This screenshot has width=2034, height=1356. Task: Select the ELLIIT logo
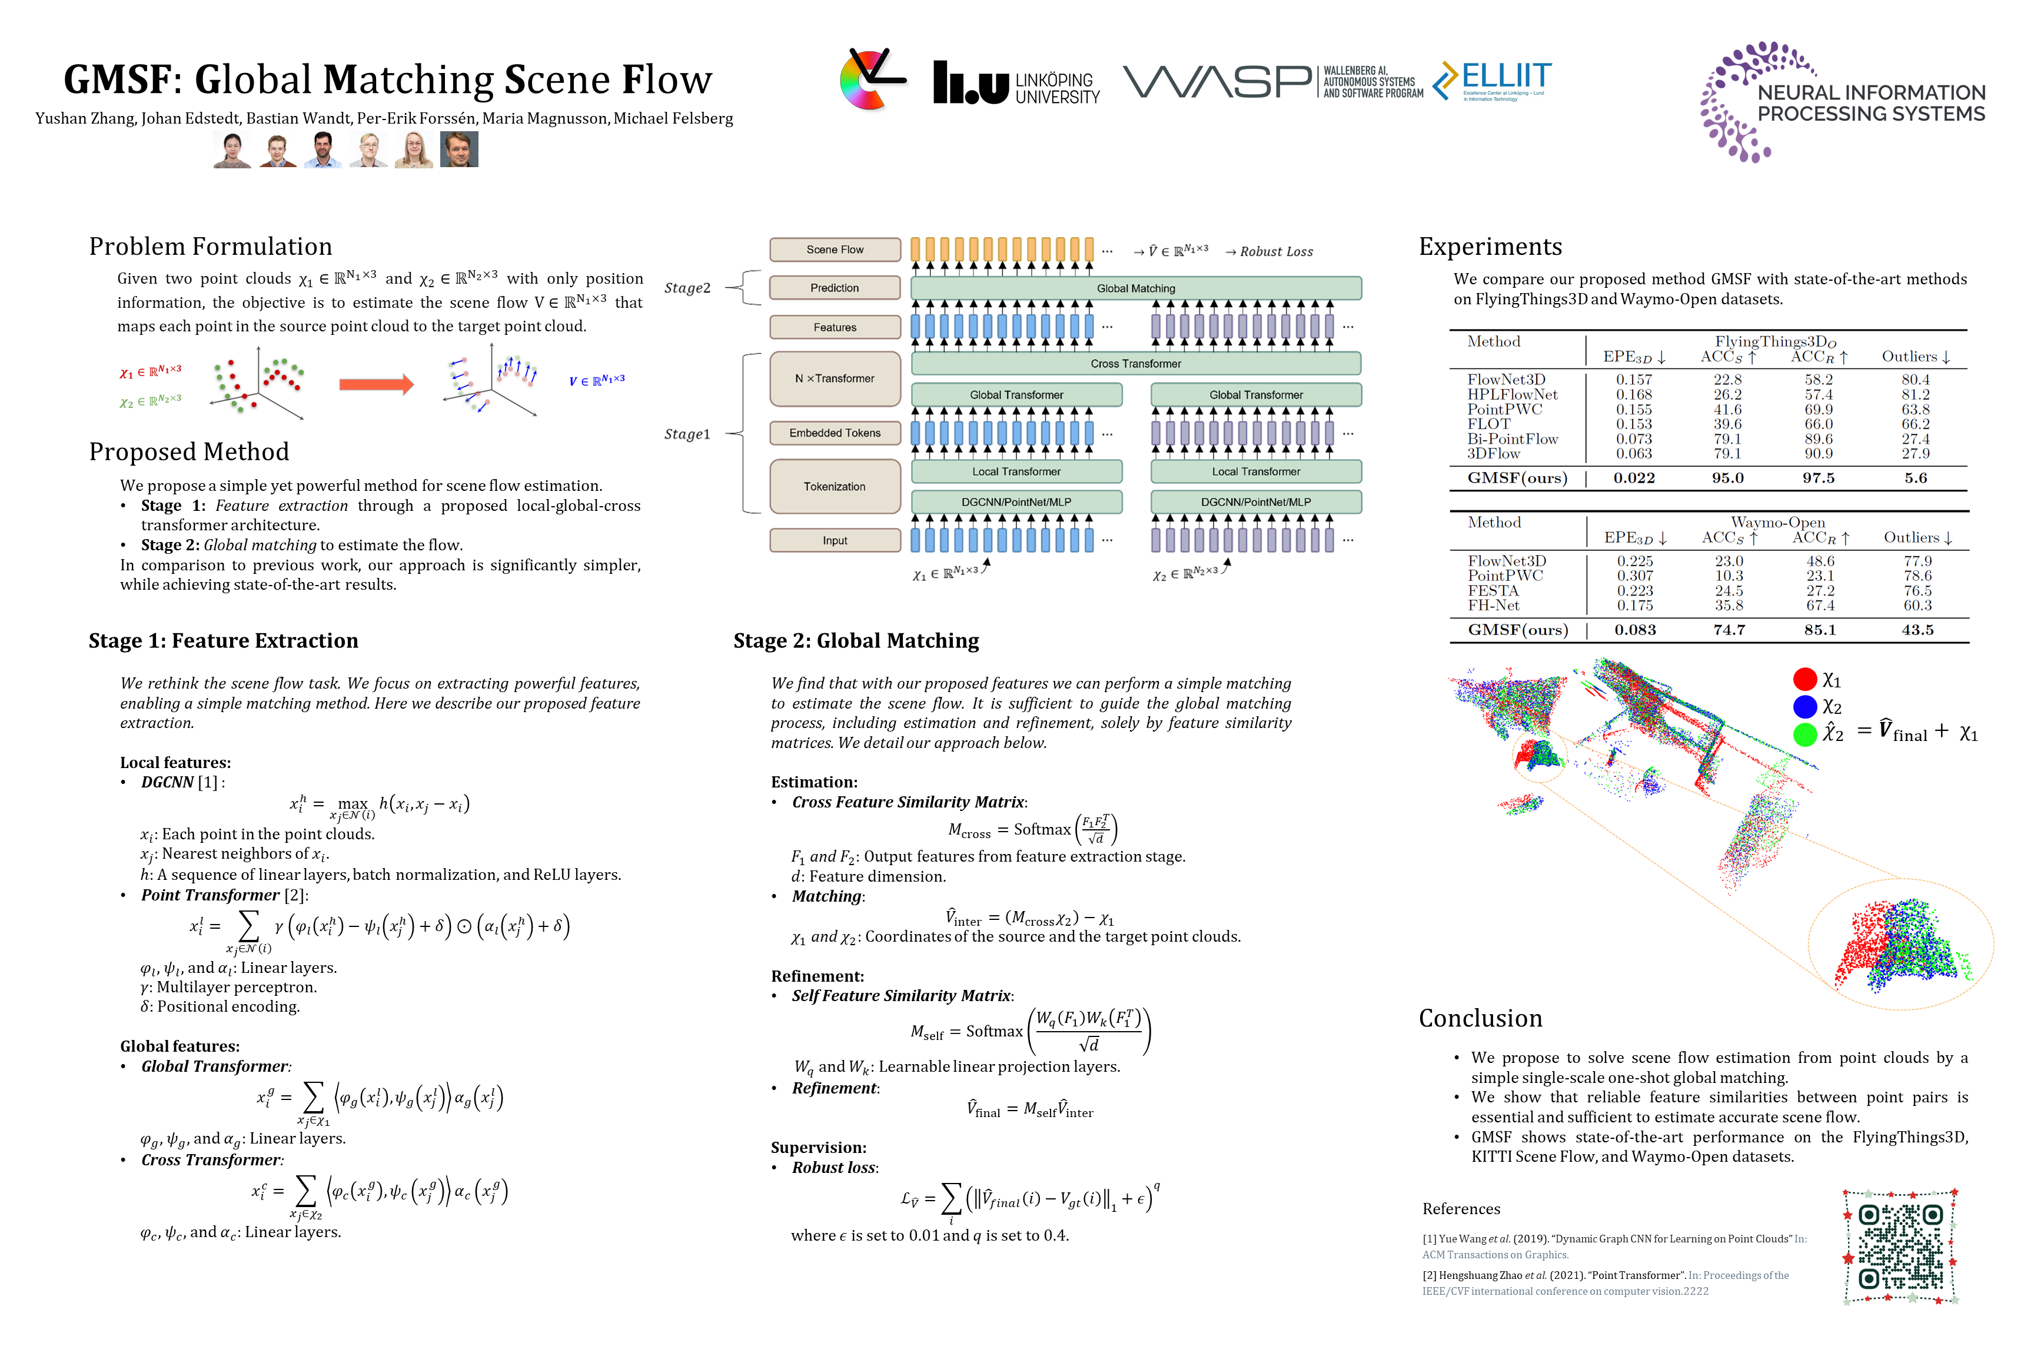click(x=1493, y=81)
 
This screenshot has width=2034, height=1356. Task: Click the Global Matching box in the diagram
click(x=1135, y=288)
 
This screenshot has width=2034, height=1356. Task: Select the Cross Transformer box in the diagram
click(x=1135, y=363)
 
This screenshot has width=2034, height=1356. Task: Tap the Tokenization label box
click(x=835, y=486)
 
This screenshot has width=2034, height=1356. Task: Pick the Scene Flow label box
click(x=835, y=249)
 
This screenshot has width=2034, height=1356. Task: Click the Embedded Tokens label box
click(x=835, y=433)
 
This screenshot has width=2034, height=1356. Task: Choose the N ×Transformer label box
click(x=835, y=378)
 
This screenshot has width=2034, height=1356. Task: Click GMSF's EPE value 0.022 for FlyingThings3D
click(x=1634, y=478)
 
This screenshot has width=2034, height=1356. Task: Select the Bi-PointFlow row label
click(x=1511, y=439)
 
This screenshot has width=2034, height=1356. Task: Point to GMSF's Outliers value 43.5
click(x=1916, y=630)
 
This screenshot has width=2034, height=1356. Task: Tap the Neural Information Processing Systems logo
click(x=1842, y=101)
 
